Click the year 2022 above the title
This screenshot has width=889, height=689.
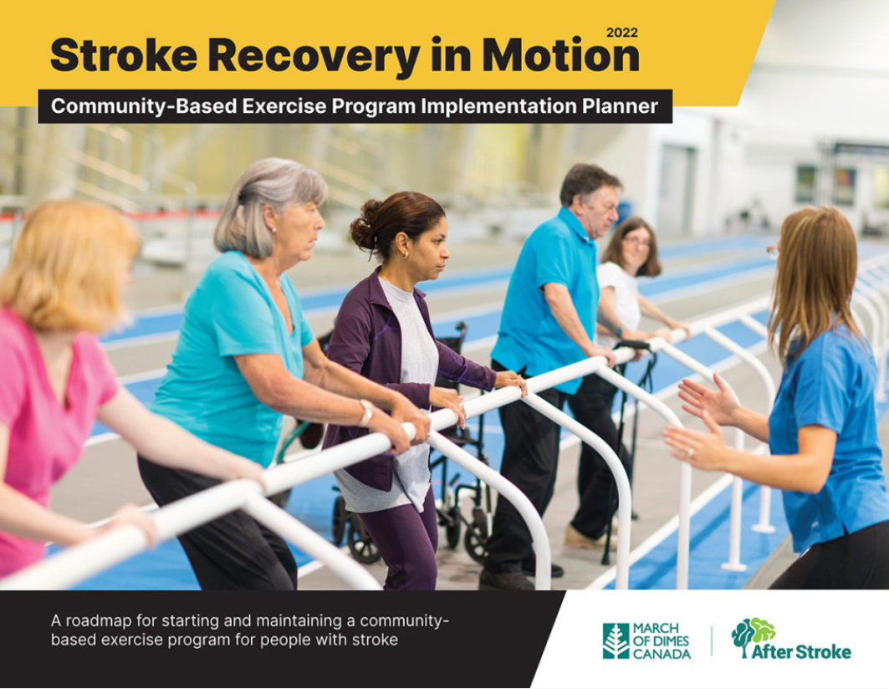point(622,33)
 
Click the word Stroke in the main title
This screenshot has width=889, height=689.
point(124,55)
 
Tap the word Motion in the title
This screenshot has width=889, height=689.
point(560,55)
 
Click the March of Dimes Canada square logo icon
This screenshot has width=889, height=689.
point(616,641)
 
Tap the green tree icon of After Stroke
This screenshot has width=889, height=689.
point(753,636)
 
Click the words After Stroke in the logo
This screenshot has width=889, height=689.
point(801,651)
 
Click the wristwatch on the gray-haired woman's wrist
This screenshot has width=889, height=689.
point(365,413)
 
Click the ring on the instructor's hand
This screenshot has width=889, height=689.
point(691,452)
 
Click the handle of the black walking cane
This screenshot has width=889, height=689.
point(633,344)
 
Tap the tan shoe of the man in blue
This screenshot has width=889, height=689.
point(582,537)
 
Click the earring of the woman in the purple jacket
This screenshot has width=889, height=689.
point(406,256)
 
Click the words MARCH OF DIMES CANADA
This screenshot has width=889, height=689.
point(662,641)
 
